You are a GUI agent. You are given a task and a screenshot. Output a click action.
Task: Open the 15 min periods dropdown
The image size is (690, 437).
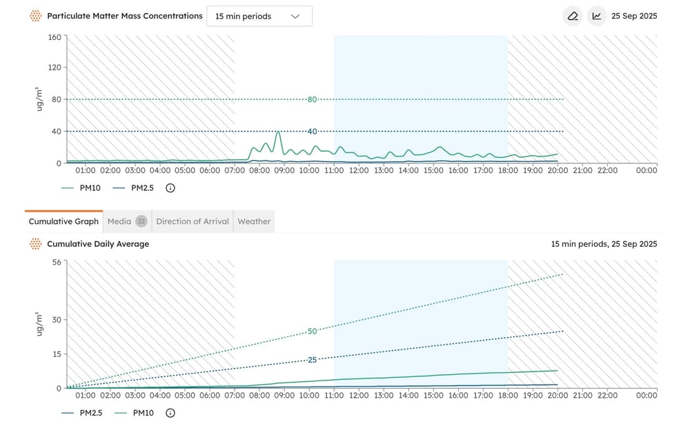(259, 17)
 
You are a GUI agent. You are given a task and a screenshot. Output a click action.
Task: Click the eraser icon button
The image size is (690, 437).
(573, 17)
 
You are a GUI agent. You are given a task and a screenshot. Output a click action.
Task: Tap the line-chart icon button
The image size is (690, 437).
(597, 17)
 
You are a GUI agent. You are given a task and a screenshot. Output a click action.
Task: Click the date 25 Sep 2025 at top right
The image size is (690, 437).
(634, 16)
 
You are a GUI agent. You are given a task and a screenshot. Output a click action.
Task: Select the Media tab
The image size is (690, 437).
(127, 221)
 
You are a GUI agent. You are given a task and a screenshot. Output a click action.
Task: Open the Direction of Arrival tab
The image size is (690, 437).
(193, 221)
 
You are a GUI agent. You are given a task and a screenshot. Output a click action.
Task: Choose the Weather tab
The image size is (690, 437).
(254, 221)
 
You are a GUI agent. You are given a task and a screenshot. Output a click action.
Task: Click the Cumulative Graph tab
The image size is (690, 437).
(63, 221)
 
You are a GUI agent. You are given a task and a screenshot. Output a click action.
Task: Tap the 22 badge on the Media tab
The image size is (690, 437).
(141, 221)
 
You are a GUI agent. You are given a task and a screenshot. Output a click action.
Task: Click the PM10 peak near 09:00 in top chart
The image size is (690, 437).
(278, 132)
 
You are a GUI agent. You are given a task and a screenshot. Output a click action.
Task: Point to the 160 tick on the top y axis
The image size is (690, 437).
(55, 37)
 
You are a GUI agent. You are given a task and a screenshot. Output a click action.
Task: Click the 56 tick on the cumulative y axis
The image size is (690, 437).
(57, 262)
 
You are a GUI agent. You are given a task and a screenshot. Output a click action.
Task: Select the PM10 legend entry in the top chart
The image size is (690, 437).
(81, 188)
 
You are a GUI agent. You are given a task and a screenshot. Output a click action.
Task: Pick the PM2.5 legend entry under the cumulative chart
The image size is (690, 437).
(82, 413)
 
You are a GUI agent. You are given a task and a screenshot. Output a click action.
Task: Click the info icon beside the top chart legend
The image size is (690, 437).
(170, 188)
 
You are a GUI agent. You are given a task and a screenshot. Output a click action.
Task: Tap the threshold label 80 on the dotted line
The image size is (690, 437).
(312, 99)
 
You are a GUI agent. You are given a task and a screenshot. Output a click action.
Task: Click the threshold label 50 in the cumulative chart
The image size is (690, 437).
(312, 331)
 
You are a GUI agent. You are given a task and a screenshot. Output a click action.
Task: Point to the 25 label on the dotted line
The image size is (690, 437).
(312, 360)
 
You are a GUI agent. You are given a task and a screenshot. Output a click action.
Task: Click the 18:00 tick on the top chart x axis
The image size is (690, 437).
(508, 170)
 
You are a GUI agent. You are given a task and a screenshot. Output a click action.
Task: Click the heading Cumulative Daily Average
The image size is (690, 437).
(98, 244)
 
